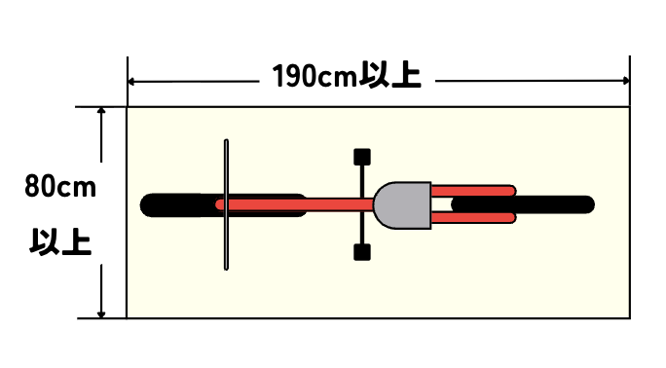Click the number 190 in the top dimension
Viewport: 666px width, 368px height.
pos(295,76)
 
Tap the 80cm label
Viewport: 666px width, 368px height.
pos(60,186)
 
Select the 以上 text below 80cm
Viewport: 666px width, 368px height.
pos(60,242)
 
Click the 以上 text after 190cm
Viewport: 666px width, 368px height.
pos(389,75)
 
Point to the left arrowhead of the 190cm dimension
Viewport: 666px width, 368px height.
pos(131,81)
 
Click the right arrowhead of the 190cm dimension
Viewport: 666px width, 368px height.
pos(626,81)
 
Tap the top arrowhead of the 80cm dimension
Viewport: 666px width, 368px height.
pos(101,111)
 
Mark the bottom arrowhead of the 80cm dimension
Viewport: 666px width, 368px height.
pos(101,314)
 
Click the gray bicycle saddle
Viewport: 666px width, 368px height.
pos(402,205)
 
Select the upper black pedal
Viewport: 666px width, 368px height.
pos(362,157)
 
